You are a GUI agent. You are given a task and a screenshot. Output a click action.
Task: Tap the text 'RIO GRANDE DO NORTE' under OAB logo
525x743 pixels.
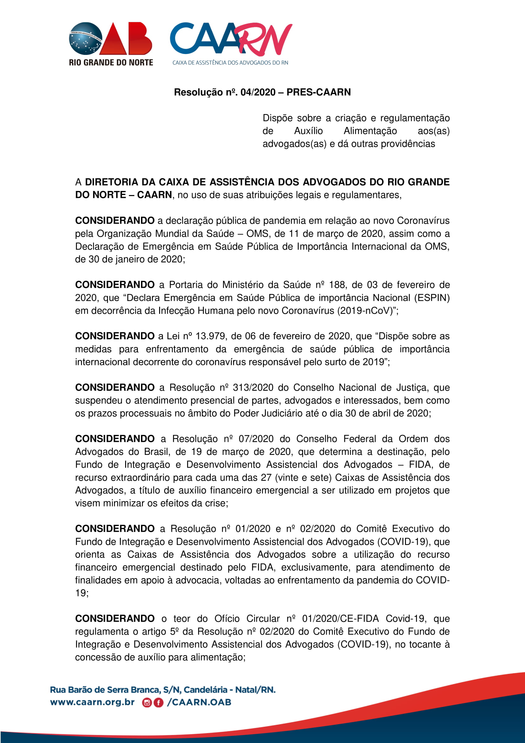coord(111,63)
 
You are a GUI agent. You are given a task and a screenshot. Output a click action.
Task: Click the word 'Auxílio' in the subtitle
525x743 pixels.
coord(308,131)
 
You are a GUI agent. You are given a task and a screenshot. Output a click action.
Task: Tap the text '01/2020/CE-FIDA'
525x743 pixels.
coord(340,619)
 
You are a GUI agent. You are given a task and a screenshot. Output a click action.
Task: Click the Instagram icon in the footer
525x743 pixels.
coord(147,703)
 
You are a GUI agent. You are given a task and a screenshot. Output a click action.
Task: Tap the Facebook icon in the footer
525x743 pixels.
coord(158,703)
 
